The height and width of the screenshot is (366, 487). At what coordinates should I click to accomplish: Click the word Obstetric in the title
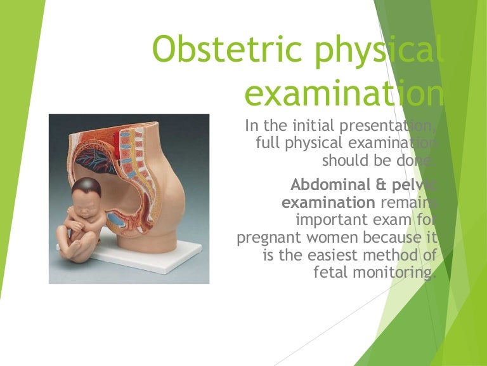[x=227, y=49]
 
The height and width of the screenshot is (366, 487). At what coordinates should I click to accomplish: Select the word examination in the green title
[x=344, y=92]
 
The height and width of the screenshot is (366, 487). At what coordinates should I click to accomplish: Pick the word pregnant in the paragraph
[x=269, y=239]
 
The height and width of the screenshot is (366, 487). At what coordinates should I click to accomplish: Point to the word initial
[x=314, y=125]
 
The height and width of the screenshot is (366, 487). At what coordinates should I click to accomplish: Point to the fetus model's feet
[x=74, y=250]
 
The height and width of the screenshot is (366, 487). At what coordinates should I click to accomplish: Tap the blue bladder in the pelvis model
[x=117, y=219]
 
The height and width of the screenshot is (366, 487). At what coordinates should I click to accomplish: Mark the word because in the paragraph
[x=391, y=238]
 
